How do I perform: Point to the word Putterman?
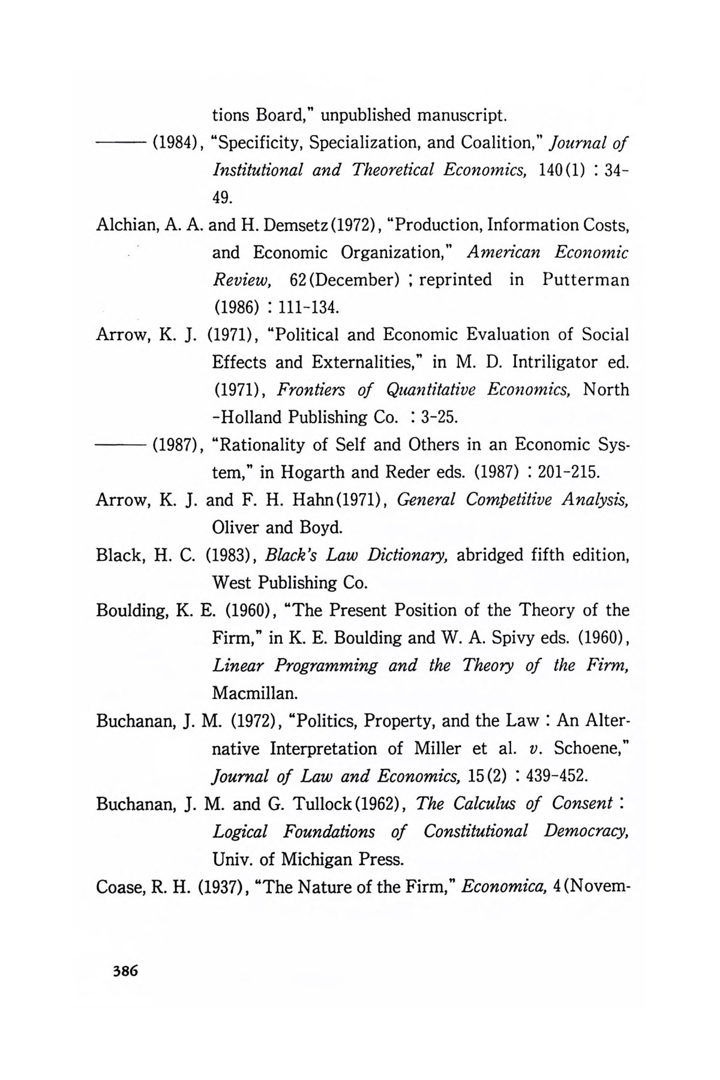tap(586, 280)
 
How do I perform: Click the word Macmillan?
tap(254, 694)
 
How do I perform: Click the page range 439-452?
tap(556, 776)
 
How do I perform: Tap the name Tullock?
tap(326, 804)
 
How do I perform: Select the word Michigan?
tap(322, 860)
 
